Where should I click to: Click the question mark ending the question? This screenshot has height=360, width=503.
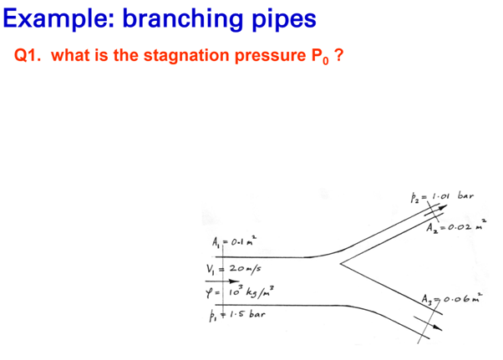tap(338, 56)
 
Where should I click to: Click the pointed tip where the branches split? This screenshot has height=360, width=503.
tap(340, 265)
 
